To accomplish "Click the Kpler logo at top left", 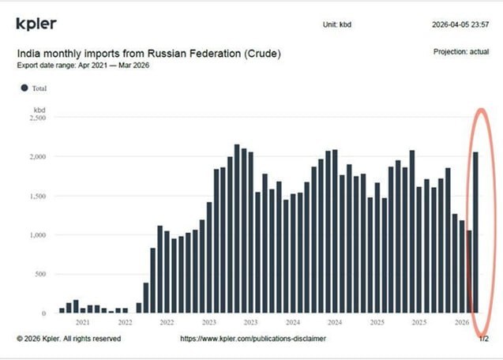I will (x=36, y=24).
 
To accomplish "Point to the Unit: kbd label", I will (x=337, y=24).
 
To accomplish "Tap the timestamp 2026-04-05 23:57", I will (x=460, y=24).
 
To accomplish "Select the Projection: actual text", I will (x=463, y=51).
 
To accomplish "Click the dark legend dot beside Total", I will (x=24, y=88).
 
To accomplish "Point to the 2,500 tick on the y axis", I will (x=36, y=118).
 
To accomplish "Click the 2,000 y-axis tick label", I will (x=36, y=156).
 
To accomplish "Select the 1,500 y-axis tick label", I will (x=36, y=196).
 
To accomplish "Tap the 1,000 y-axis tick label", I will (x=36, y=235).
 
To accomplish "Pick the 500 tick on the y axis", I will (x=39, y=274).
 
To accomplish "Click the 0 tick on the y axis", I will (x=44, y=313).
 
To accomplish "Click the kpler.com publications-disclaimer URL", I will (x=253, y=339).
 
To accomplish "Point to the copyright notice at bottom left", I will (x=69, y=339).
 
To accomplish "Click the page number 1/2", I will (x=483, y=339).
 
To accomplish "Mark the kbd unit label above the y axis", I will (x=39, y=108).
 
